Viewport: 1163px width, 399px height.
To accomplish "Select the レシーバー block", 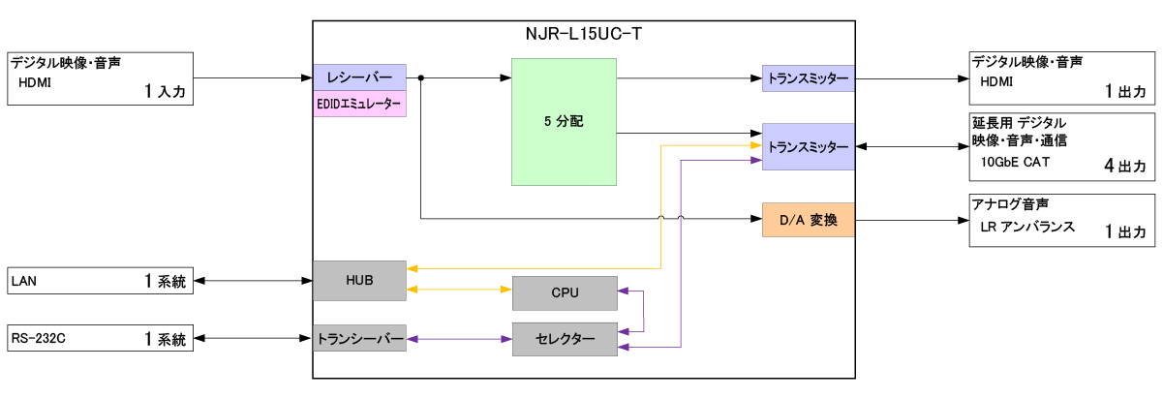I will (x=359, y=77).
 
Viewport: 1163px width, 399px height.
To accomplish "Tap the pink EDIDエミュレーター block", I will (x=359, y=105).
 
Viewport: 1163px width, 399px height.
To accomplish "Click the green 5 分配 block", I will (x=564, y=122).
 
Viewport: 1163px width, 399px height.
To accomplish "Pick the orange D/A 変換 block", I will (x=808, y=220).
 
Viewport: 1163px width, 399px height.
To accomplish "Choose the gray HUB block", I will (x=359, y=280).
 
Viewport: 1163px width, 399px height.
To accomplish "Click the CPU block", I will (x=564, y=292).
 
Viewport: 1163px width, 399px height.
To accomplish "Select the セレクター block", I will (x=564, y=339).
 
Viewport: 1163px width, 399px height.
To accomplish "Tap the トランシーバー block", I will (x=359, y=339).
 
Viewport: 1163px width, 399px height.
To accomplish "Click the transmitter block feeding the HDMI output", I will (x=808, y=77).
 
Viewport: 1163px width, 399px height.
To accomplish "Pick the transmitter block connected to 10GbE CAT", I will (x=808, y=146).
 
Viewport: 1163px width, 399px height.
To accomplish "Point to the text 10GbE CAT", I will (x=1015, y=163).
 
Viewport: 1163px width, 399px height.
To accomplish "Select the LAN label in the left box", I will (x=23, y=283).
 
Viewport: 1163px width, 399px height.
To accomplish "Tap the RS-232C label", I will (x=34, y=339).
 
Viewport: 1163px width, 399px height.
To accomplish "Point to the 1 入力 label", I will (x=164, y=92).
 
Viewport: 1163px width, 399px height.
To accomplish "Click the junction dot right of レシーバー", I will (x=421, y=77).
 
